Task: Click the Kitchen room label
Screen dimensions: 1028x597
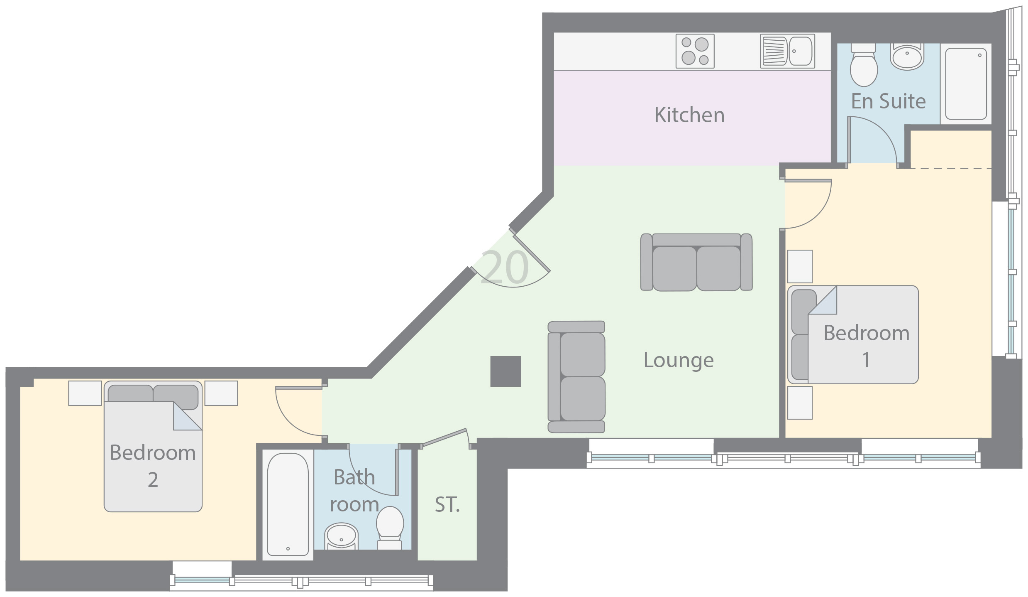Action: click(x=689, y=115)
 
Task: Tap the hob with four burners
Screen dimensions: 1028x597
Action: click(x=695, y=51)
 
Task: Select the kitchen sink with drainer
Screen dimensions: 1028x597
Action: click(x=787, y=51)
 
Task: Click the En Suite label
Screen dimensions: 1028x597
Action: click(x=889, y=101)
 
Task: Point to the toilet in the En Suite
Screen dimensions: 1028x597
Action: click(x=864, y=65)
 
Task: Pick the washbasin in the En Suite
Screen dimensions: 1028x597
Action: click(x=907, y=57)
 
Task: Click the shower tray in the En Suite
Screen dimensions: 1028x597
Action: click(x=966, y=84)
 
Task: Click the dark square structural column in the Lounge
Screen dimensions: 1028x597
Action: click(x=505, y=371)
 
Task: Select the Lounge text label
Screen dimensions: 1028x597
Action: click(x=679, y=361)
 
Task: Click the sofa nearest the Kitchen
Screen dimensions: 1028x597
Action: click(x=696, y=262)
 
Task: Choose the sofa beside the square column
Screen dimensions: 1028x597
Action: click(x=576, y=377)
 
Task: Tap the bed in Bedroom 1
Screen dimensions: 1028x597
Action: click(x=853, y=334)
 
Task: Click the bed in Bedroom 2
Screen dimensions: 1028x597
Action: click(x=153, y=446)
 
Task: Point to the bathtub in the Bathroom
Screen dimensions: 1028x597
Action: click(x=288, y=504)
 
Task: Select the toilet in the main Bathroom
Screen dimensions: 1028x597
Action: click(x=390, y=528)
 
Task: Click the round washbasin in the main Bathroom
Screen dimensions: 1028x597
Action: click(x=341, y=536)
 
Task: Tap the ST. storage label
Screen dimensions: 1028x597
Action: click(x=447, y=505)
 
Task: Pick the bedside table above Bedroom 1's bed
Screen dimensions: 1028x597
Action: click(x=800, y=266)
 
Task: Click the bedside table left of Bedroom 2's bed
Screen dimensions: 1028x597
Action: click(x=85, y=393)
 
